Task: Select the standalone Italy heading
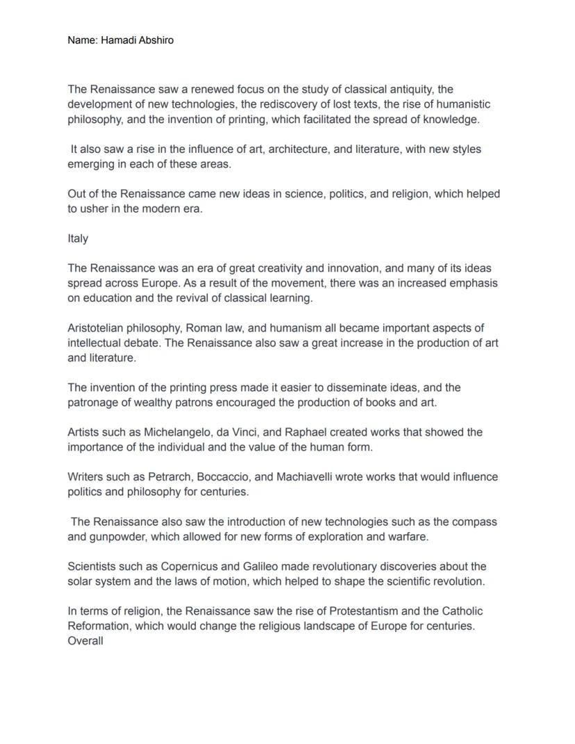coord(78,238)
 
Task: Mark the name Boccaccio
coord(224,477)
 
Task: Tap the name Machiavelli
coord(306,477)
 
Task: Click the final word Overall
coord(85,641)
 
